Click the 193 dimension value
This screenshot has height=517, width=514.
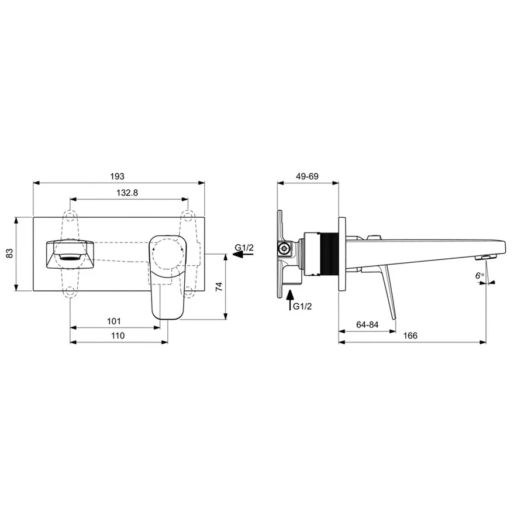117,176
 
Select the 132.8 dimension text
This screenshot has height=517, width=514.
127,193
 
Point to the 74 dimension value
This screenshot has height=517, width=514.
219,286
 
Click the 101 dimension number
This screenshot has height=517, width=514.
114,321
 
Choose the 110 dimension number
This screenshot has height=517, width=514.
118,335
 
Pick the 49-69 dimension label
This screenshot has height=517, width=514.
307,176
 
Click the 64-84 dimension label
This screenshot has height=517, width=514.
367,324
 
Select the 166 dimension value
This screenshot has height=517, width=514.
410,335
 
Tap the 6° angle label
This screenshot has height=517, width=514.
479,276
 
